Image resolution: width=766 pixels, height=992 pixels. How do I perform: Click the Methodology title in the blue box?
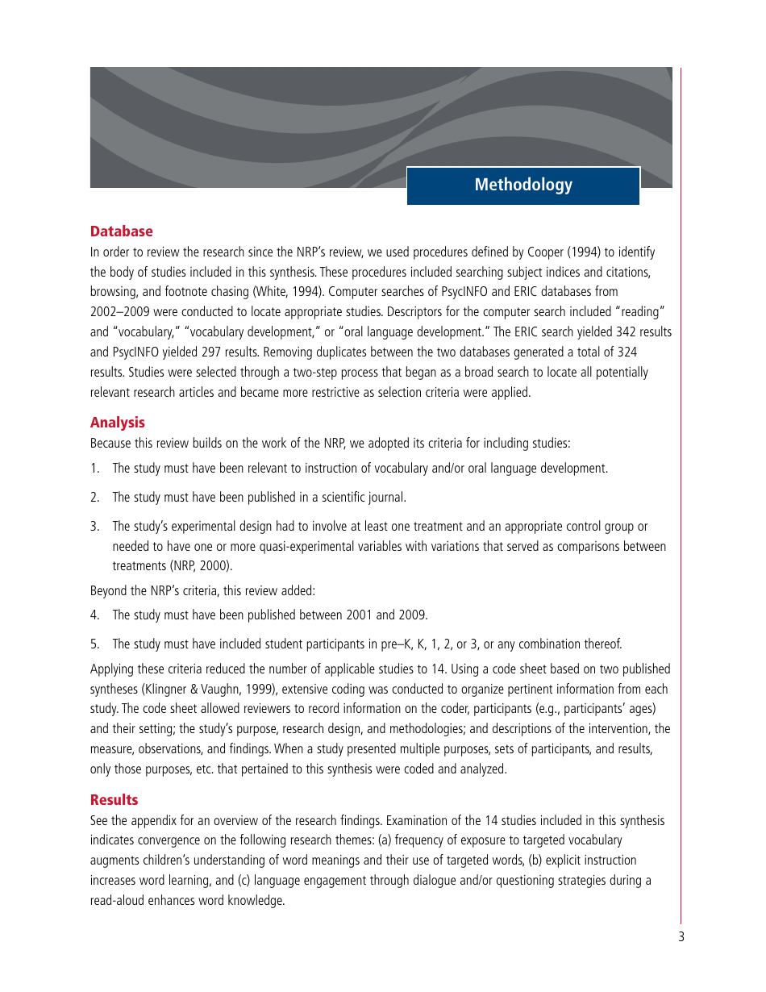(523, 185)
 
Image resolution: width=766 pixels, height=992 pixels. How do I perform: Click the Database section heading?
(121, 231)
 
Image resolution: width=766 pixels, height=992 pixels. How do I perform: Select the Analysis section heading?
(118, 423)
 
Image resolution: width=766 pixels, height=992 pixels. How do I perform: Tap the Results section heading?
(114, 800)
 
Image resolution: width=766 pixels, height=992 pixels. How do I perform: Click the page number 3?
(681, 937)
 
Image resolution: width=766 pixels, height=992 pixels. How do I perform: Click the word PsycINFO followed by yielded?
(137, 352)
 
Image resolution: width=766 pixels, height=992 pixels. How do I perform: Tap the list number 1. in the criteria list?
(94, 469)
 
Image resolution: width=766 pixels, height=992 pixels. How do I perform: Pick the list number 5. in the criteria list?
(94, 644)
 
